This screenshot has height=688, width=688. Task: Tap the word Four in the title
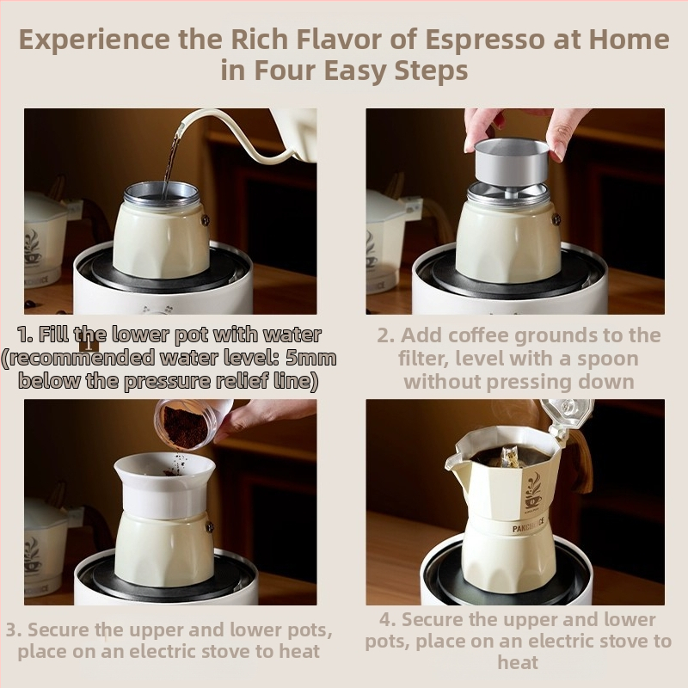pyautogui.click(x=286, y=71)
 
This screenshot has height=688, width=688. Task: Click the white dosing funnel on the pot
pyautogui.click(x=165, y=486)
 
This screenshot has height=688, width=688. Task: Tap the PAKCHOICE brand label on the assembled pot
pyautogui.click(x=529, y=525)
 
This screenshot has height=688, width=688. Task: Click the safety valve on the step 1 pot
pyautogui.click(x=205, y=219)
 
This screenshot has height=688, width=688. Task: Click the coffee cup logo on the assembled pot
pyautogui.click(x=533, y=492)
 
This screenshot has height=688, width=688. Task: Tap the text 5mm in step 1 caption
pyautogui.click(x=310, y=358)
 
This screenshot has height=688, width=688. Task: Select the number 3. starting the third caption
pyautogui.click(x=14, y=630)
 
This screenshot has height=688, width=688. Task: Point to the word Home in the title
pyautogui.click(x=629, y=40)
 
